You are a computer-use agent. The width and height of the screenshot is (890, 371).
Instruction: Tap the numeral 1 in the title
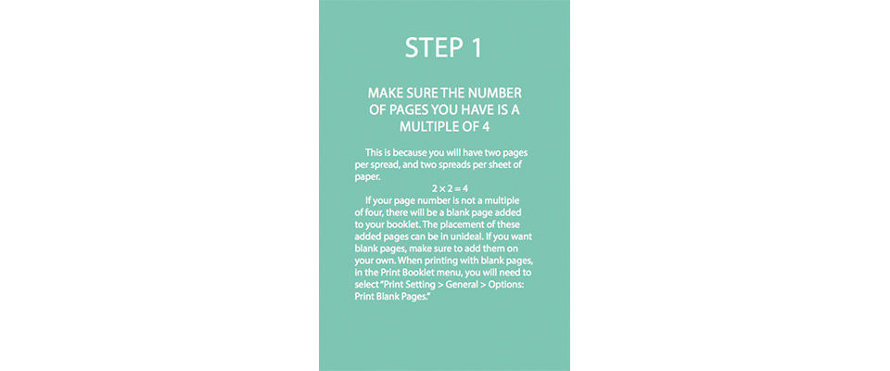(x=476, y=48)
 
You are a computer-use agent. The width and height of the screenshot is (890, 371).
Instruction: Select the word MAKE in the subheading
(x=384, y=93)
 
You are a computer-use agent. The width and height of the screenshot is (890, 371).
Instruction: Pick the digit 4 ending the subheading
(x=485, y=127)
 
